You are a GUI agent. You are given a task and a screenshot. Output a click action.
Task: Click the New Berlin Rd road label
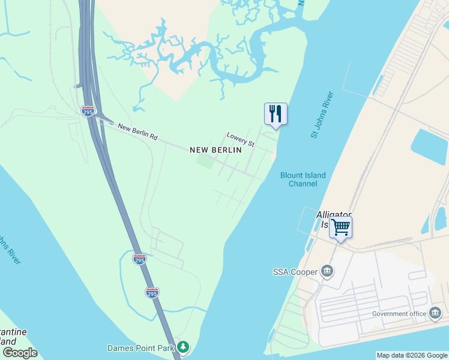(137, 132)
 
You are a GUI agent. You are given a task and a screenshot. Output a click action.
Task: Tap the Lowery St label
(241, 140)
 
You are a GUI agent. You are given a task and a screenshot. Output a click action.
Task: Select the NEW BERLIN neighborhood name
(216, 150)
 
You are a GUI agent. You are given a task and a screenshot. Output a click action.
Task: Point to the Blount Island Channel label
(303, 179)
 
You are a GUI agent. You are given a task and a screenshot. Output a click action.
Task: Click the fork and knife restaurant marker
(276, 113)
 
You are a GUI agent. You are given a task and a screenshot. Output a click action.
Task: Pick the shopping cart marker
(340, 227)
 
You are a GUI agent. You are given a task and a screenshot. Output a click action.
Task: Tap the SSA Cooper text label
(295, 272)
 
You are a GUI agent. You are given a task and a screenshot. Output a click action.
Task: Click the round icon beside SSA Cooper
(327, 272)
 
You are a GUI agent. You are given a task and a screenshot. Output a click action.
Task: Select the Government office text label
(399, 313)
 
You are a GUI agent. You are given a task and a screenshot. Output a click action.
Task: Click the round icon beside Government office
(435, 313)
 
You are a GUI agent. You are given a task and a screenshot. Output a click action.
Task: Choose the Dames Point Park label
(140, 348)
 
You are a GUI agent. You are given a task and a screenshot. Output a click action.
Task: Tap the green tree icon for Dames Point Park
(183, 347)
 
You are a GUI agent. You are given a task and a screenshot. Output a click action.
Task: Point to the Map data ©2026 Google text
(412, 355)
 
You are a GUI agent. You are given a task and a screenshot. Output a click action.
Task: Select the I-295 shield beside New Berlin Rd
(88, 110)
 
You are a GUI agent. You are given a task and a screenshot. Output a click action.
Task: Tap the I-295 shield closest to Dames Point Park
(152, 292)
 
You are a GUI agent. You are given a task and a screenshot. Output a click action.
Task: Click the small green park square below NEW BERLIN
(205, 161)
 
